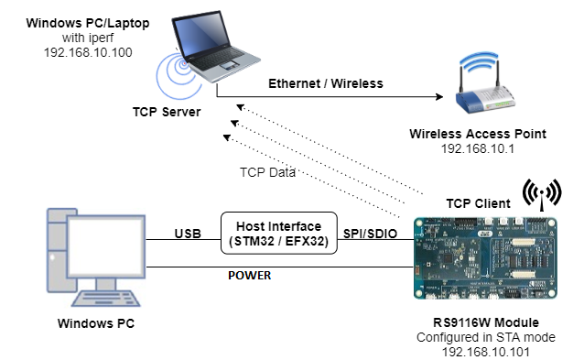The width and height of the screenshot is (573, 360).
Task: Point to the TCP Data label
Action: click(x=267, y=171)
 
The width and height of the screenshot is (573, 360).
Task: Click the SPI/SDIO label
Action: click(x=371, y=234)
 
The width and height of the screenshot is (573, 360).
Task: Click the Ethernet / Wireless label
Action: click(x=325, y=83)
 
